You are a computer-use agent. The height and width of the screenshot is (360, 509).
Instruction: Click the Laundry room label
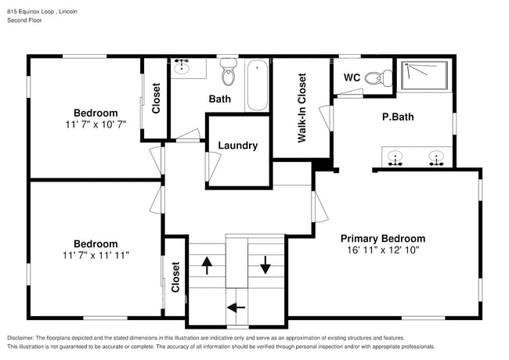click(x=237, y=146)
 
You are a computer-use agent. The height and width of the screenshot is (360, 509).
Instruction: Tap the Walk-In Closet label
click(x=301, y=108)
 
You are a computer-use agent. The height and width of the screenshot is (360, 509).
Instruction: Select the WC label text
click(x=352, y=77)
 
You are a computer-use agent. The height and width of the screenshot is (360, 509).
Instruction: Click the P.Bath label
click(x=397, y=117)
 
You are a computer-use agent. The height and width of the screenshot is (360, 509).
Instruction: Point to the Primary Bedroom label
click(x=383, y=239)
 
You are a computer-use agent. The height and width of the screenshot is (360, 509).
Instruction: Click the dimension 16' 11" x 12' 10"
click(x=383, y=250)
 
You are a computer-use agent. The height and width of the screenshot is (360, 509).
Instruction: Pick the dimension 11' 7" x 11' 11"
click(x=96, y=255)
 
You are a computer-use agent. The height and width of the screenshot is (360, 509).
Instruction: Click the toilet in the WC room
click(x=381, y=77)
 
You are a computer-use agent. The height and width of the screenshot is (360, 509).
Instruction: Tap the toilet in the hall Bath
click(x=229, y=73)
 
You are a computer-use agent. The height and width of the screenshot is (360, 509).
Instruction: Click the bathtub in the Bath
click(x=258, y=85)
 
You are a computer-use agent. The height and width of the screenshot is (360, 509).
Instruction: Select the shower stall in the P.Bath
click(x=424, y=76)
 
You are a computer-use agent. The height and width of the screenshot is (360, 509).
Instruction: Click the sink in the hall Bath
click(x=182, y=68)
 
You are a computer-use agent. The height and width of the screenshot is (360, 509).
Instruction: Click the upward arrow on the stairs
click(x=207, y=265)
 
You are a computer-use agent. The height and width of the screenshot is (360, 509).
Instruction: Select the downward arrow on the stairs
click(x=265, y=265)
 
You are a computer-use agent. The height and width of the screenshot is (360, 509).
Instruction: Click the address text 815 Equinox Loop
click(x=32, y=12)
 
